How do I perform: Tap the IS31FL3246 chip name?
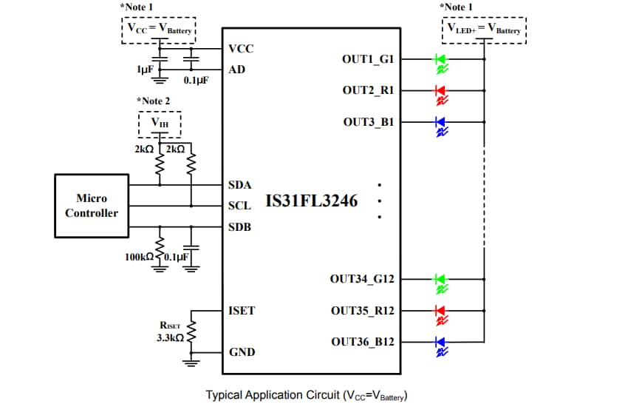point(311,201)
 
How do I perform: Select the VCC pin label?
point(241,49)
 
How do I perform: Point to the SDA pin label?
point(240,184)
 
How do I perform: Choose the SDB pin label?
point(240,226)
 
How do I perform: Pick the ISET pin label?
point(242,310)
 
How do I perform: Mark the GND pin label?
point(242,352)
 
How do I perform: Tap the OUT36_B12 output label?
point(362,342)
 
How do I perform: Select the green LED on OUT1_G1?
point(440,58)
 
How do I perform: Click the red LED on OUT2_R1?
point(440,90)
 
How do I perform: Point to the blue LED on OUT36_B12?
point(440,342)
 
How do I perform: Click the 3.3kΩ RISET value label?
point(170,337)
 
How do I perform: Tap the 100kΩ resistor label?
point(139,257)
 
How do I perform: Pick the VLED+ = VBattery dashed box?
point(484,30)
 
